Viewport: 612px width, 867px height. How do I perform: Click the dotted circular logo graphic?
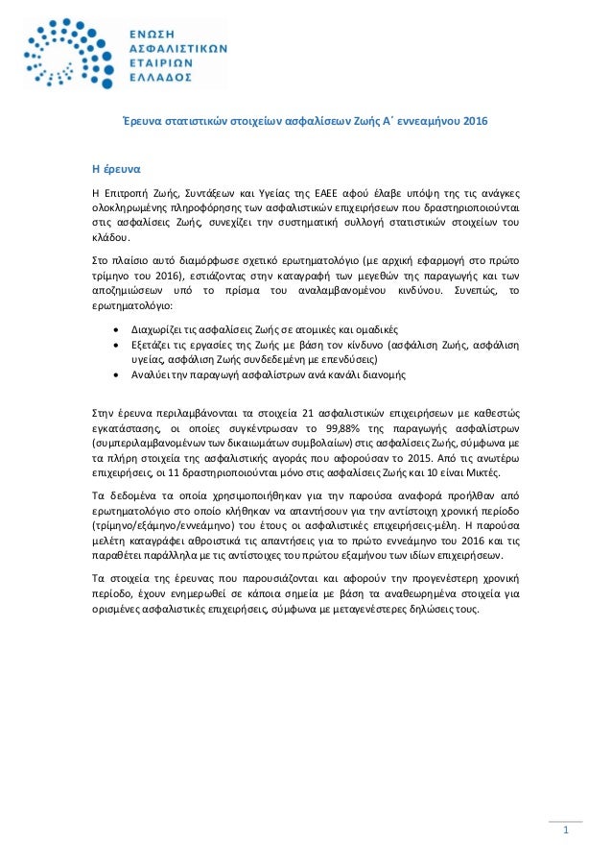pos(64,57)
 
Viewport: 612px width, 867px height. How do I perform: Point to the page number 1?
pos(566,831)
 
